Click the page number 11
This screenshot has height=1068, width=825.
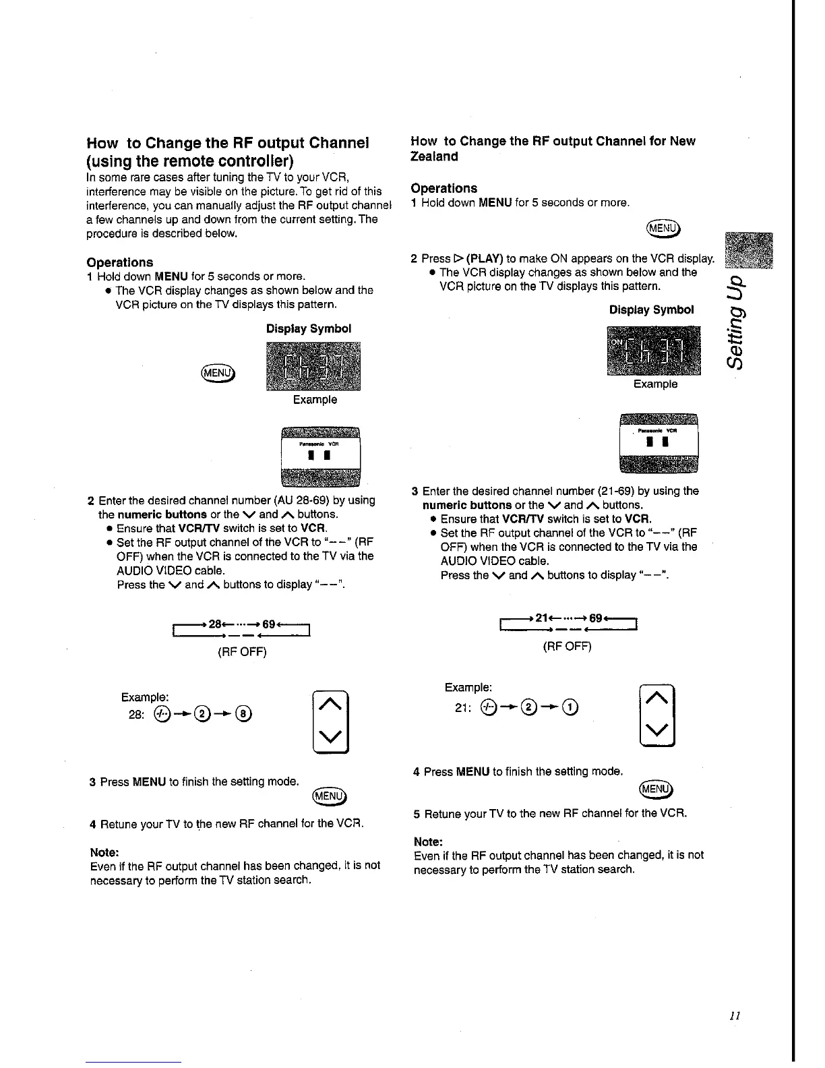pyautogui.click(x=735, y=1016)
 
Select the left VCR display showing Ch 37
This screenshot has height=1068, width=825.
pyautogui.click(x=314, y=367)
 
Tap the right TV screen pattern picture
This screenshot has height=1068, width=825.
pyautogui.click(x=658, y=442)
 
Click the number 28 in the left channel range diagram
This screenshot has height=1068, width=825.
pyautogui.click(x=216, y=624)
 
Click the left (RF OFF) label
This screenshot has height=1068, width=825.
pyautogui.click(x=242, y=652)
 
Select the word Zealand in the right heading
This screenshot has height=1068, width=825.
pyautogui.click(x=435, y=156)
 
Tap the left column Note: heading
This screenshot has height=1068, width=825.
pyautogui.click(x=104, y=852)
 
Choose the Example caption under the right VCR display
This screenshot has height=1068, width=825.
pyautogui.click(x=655, y=384)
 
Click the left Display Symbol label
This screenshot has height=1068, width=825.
pyautogui.click(x=309, y=329)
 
